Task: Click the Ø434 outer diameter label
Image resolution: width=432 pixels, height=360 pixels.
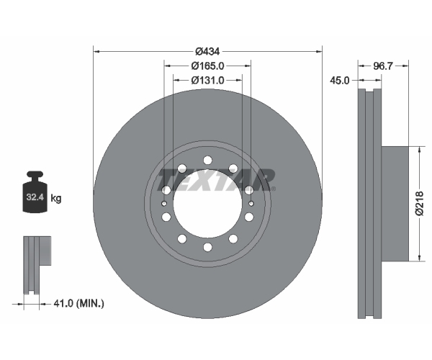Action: tap(207, 51)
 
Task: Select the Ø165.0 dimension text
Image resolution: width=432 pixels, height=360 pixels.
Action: tap(208, 66)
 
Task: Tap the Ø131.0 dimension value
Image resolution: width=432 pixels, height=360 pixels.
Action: tap(208, 80)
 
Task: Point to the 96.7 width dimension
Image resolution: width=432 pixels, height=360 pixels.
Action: tap(382, 66)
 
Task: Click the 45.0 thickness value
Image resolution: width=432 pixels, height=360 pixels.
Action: tap(339, 81)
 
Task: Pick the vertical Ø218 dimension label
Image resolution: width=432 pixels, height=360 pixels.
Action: tap(420, 204)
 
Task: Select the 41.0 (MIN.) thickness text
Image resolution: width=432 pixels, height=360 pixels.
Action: tap(78, 304)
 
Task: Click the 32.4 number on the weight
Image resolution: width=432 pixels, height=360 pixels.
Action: tap(35, 197)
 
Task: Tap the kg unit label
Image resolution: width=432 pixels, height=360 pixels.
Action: tap(56, 198)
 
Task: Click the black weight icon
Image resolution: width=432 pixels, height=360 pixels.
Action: tap(35, 192)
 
